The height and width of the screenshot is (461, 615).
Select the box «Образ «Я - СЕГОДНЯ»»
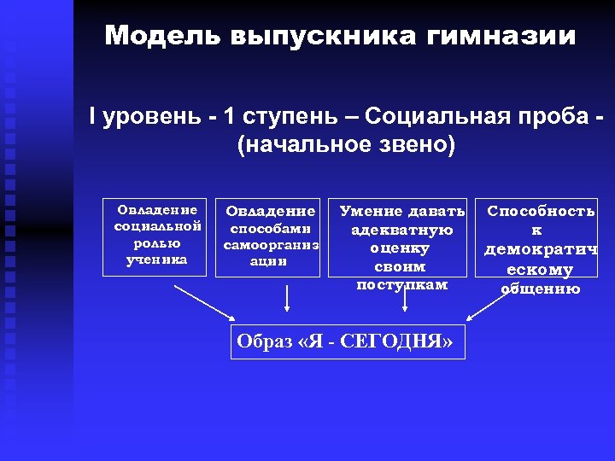click(x=348, y=342)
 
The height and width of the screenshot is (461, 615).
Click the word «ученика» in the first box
click(x=157, y=260)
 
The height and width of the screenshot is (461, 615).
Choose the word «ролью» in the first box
click(x=157, y=243)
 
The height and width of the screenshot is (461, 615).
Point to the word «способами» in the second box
click(x=270, y=229)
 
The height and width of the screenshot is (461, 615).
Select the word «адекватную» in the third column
click(x=401, y=230)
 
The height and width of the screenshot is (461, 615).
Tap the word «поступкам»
click(x=401, y=284)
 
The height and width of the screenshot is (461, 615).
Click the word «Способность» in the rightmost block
click(x=541, y=211)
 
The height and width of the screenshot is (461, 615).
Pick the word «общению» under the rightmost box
click(x=540, y=289)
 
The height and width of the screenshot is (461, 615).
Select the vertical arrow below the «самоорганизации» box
click(x=287, y=298)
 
